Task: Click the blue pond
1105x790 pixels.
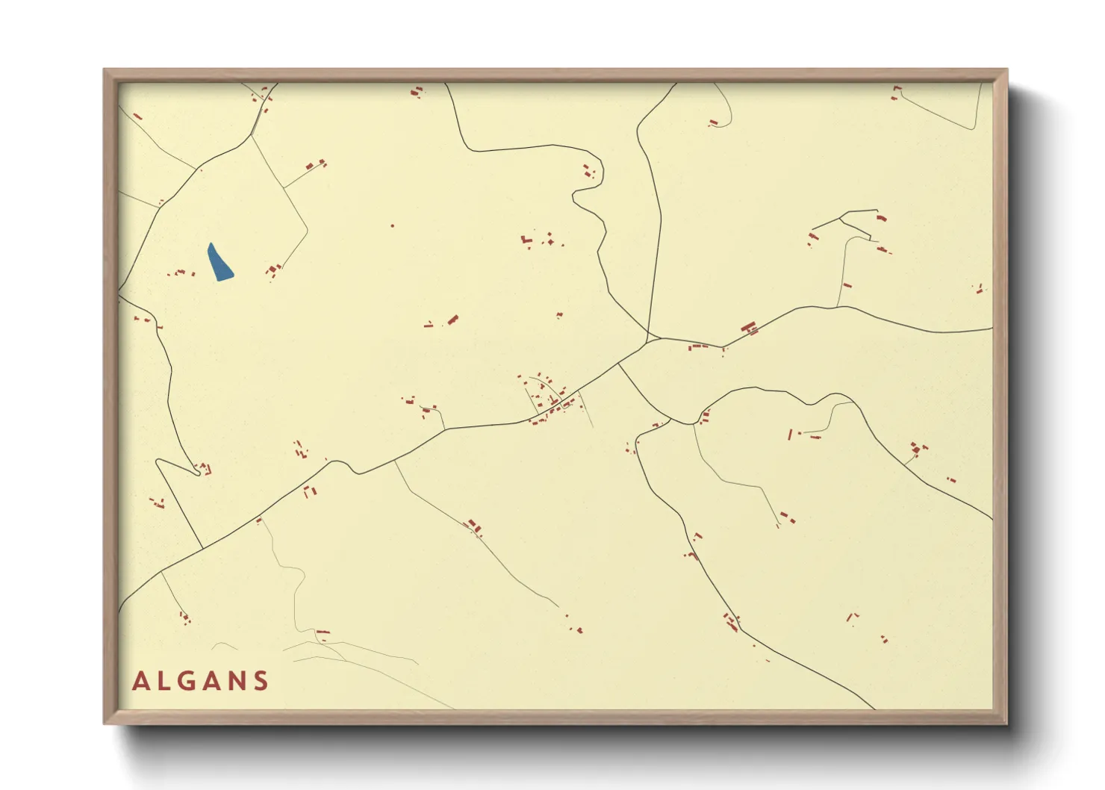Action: tap(219, 263)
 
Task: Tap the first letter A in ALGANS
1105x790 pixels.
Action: tap(140, 681)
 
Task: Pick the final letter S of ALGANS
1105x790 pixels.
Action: tap(261, 681)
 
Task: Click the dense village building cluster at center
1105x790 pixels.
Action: tap(552, 403)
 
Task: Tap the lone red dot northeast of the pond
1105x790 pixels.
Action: tap(393, 226)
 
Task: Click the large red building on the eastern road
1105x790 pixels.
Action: tap(750, 327)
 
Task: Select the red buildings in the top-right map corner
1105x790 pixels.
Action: tap(896, 93)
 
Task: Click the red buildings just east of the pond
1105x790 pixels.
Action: tap(273, 270)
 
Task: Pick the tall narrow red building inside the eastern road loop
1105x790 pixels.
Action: tap(790, 434)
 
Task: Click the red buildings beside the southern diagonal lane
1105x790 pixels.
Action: tap(474, 527)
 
